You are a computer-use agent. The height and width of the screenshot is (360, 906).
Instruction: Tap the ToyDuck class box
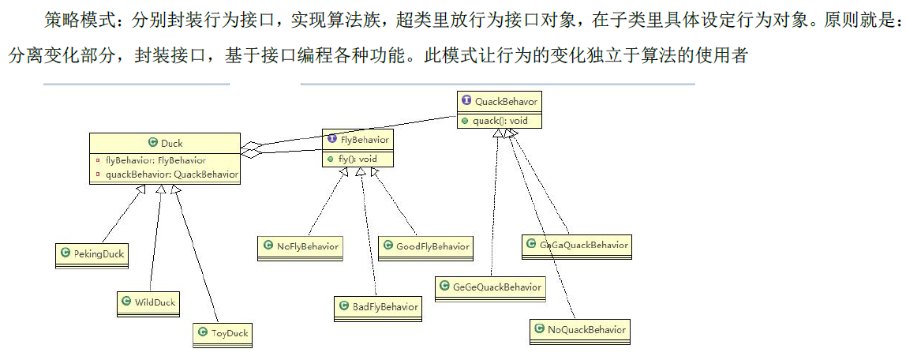223,333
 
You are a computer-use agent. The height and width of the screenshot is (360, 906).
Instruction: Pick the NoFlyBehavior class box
300,247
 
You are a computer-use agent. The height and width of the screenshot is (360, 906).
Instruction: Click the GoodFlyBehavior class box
425,246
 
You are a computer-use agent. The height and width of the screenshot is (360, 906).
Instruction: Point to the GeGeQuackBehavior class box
490,287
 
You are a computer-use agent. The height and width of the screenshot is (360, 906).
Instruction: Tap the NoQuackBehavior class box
580,329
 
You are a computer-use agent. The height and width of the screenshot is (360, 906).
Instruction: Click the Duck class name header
165,143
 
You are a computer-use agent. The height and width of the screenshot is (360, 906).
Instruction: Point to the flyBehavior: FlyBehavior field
155,160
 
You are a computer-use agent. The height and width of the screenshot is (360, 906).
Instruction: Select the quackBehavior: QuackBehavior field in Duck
170,174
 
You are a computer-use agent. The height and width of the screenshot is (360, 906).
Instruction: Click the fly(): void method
357,159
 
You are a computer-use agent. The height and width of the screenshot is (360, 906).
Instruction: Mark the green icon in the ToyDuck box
201,333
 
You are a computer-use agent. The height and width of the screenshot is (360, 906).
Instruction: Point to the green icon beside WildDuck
126,302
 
